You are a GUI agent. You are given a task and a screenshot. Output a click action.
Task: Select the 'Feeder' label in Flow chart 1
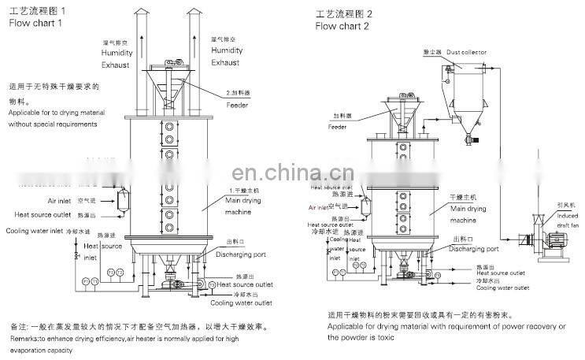tap(238, 104)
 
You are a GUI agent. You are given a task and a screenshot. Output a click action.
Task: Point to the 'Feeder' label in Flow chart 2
tap(338, 126)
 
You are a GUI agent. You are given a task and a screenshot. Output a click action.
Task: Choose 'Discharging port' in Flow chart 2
tap(473, 249)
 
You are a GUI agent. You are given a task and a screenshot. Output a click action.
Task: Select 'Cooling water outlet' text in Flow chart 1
tap(243, 302)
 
